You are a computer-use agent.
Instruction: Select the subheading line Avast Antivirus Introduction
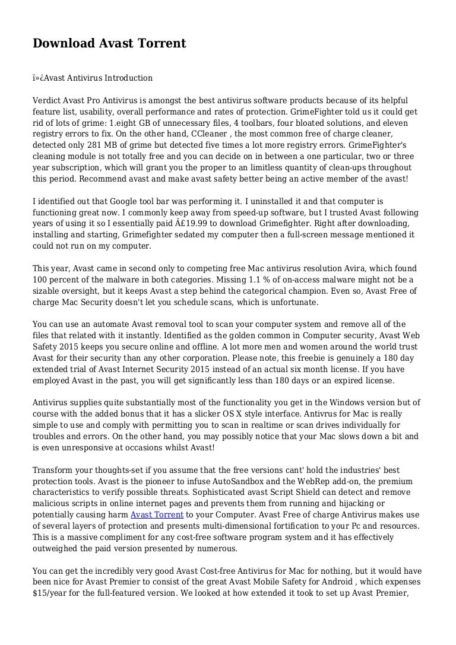tap(93, 78)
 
